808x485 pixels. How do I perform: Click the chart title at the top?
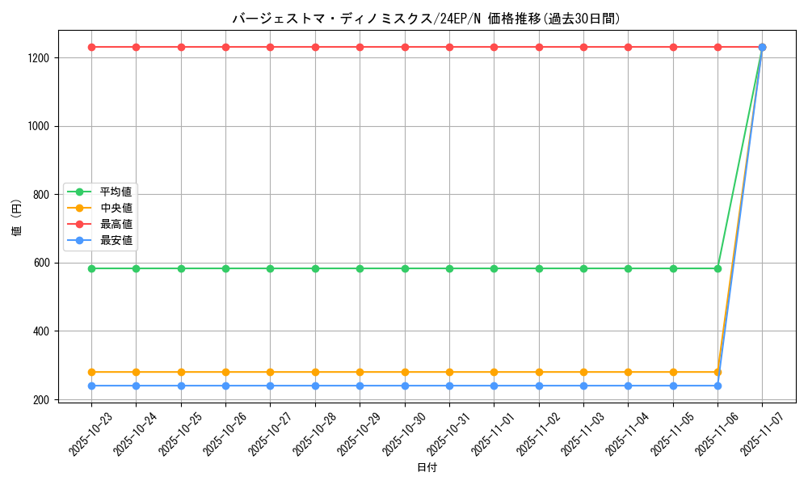(x=427, y=19)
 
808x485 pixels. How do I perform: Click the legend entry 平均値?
(x=116, y=192)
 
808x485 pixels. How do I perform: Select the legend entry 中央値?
(x=116, y=208)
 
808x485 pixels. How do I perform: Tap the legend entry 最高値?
(x=116, y=224)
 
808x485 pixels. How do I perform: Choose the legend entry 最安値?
(x=116, y=240)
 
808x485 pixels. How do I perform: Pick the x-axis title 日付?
(x=427, y=468)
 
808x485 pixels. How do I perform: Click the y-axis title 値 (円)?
(x=17, y=218)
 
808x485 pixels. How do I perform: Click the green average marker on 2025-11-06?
(x=718, y=268)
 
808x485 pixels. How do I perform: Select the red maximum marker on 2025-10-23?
(x=91, y=47)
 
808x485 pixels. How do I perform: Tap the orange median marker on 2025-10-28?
(x=315, y=372)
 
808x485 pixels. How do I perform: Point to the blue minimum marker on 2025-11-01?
(x=494, y=386)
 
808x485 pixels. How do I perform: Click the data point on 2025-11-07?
(x=762, y=47)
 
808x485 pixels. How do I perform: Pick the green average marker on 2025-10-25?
(x=181, y=268)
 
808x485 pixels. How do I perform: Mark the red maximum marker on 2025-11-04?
(x=628, y=47)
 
